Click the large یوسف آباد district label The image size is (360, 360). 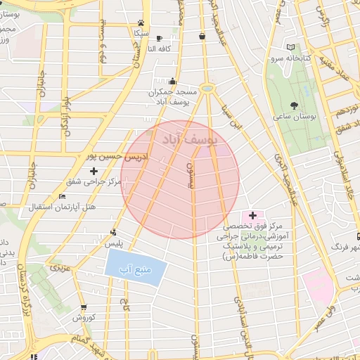point(188,138)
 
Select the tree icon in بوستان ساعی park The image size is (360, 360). point(304,101)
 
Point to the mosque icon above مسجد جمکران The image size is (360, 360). point(173,82)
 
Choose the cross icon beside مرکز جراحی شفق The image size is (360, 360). point(94,171)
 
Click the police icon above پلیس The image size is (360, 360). point(114,232)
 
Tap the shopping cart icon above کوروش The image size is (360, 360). point(84,307)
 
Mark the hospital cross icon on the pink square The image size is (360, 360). point(252,214)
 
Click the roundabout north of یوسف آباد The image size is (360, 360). point(207,89)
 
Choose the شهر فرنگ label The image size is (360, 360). point(347,247)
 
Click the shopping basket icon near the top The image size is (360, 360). point(202,36)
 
